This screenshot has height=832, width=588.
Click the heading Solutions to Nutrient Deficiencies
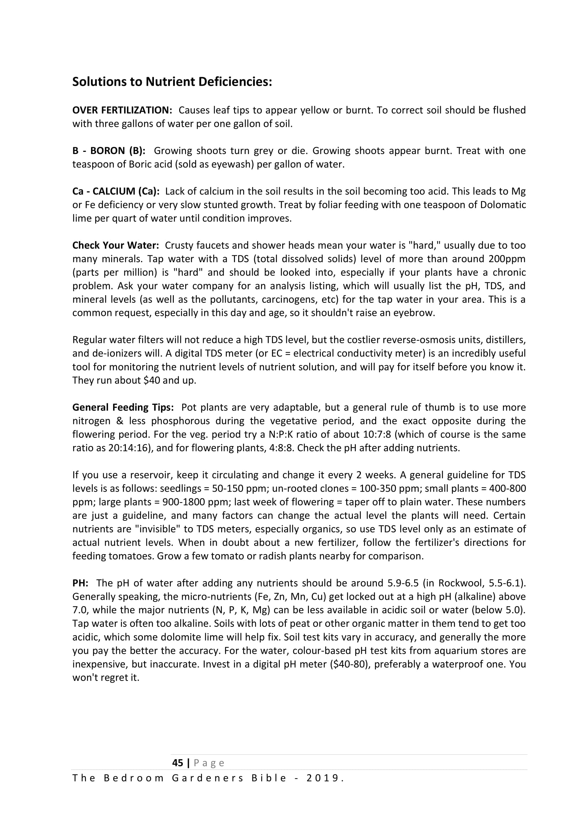tap(172, 82)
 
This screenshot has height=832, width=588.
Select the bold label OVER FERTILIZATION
tap(122, 110)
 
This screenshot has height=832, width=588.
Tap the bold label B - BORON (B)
tap(109, 151)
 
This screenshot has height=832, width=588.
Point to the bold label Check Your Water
tap(116, 245)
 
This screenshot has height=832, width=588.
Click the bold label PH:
tap(80, 583)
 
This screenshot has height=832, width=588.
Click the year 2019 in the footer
tap(322, 778)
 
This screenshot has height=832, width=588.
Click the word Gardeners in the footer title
tap(208, 778)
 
